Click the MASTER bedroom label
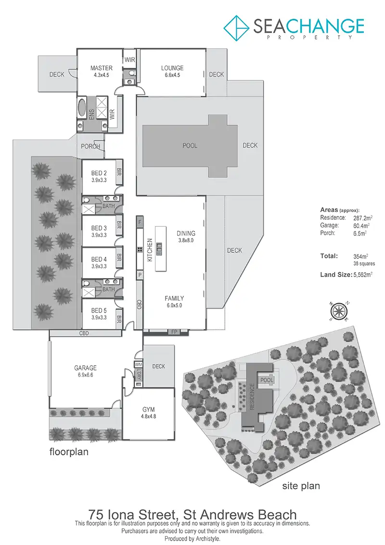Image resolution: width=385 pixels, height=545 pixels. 102,68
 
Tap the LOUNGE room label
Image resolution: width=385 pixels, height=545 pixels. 172,68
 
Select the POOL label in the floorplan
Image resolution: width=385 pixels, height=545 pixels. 190,146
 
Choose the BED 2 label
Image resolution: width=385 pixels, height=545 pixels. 99,173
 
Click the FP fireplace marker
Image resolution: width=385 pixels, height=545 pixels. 172,332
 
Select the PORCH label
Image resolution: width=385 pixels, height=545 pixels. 90,147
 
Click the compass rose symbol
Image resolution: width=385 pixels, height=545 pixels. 339,311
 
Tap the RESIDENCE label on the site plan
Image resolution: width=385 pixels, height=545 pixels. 252,397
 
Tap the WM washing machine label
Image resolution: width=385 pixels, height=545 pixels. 138,364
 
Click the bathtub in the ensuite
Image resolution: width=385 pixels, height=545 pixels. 82,107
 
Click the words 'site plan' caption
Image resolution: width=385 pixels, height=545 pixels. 301,486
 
